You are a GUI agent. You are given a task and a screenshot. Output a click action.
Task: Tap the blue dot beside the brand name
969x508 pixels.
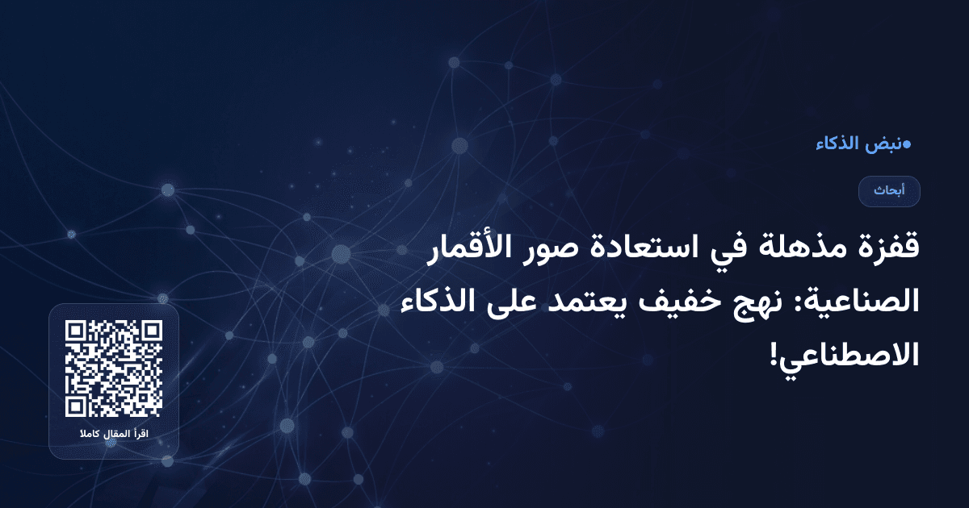click(906, 144)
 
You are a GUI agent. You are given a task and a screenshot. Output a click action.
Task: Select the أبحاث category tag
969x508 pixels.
click(889, 191)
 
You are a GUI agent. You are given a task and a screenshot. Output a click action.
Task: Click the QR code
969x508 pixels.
click(114, 369)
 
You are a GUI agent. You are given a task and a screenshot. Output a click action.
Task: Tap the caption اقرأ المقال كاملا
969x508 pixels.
click(114, 435)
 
